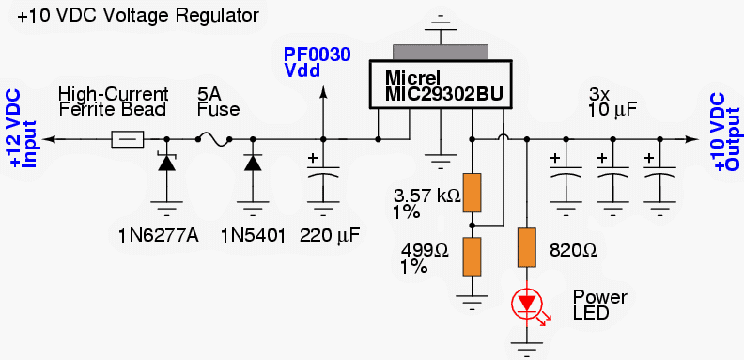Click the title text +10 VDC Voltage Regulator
(131, 16)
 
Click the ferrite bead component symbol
(128, 139)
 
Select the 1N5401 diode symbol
(252, 163)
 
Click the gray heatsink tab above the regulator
(441, 53)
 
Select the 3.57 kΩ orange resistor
(472, 193)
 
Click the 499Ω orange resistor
(472, 256)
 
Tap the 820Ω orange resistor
(526, 246)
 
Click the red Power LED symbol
(526, 304)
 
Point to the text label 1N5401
(253, 233)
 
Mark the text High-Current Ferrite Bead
(113, 102)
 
